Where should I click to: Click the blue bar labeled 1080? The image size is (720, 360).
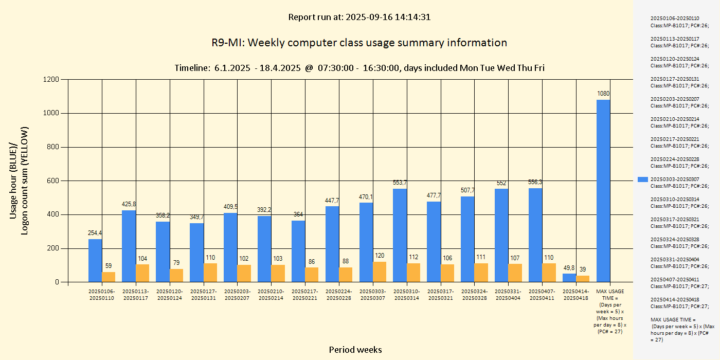pos(603,191)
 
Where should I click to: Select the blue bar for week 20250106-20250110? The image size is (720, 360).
pos(95,260)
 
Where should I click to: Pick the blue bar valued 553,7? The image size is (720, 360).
pos(400,235)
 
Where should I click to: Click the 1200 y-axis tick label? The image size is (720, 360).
pos(51,80)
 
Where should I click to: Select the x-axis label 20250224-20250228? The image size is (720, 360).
pos(339,295)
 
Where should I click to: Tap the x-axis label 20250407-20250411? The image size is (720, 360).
pos(542,295)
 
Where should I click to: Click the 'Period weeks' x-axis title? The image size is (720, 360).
pos(355,350)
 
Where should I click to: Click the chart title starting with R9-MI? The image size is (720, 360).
pos(359,43)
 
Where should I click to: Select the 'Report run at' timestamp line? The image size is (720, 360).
pos(359,17)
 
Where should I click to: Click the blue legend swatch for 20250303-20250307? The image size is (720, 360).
pos(642,179)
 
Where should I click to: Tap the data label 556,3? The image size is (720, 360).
pos(535,182)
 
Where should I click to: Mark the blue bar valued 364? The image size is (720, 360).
pos(298,251)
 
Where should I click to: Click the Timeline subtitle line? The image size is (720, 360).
pos(359,68)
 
